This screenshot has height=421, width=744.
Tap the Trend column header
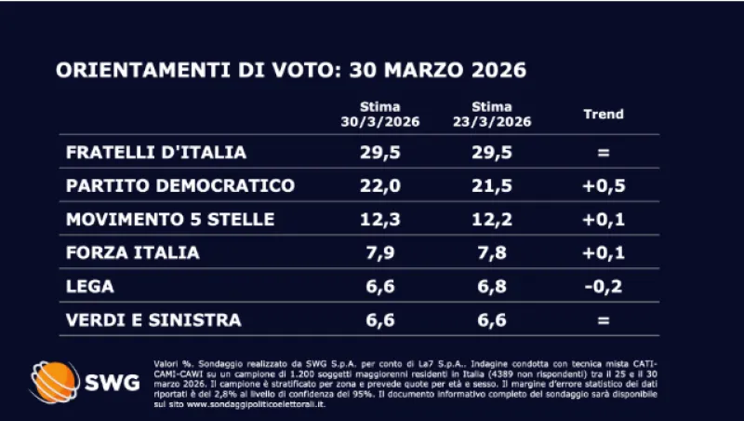603,115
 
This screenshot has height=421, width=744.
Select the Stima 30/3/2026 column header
379,115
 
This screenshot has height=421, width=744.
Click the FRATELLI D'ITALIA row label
155,151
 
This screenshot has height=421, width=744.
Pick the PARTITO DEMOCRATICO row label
180,185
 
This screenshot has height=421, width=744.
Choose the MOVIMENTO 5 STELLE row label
170,219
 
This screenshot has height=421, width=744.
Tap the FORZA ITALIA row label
132,252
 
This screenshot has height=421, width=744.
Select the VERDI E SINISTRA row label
153,319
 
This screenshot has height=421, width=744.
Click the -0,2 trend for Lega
603,286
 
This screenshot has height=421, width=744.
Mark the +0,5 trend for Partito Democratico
603,185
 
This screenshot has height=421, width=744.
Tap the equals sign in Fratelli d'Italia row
603,152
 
